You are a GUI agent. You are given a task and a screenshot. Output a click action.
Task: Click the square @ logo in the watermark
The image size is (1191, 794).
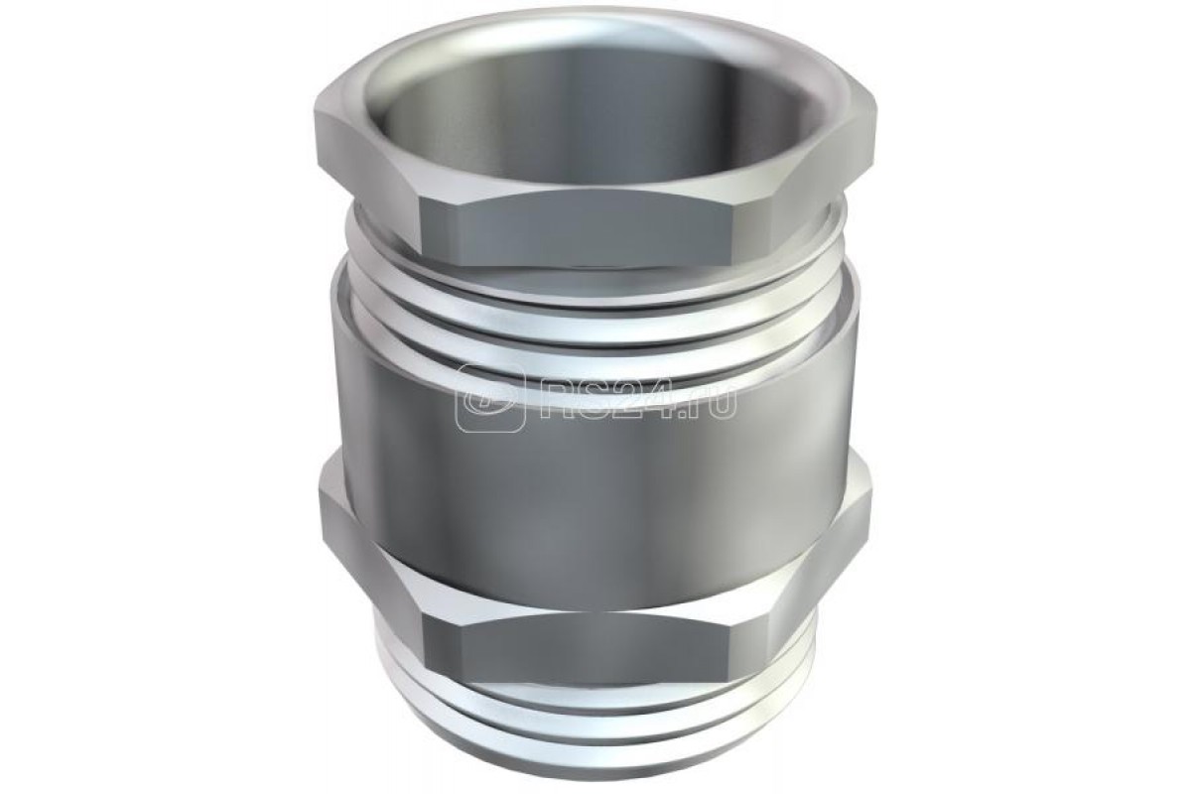[x=490, y=398]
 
